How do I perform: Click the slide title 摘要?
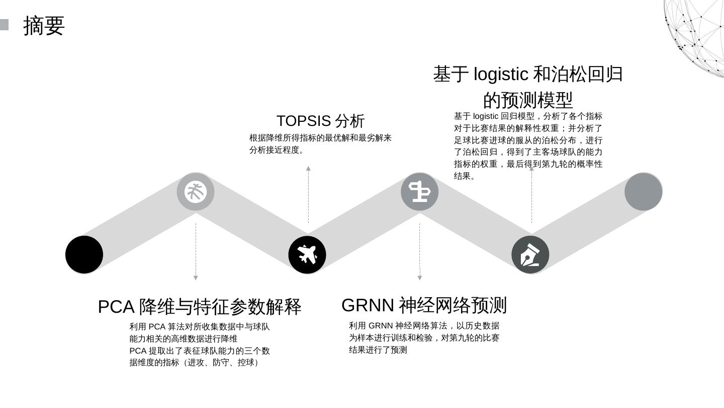44,26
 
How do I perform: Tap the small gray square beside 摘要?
4,25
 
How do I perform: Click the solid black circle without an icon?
84,254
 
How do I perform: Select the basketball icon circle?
196,192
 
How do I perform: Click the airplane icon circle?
307,254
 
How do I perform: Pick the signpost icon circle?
419,192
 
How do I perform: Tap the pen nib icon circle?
530,254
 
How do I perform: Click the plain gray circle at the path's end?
643,192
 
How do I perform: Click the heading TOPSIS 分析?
320,121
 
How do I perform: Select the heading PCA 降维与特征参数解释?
200,307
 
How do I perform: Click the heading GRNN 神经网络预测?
424,305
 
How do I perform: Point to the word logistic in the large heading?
501,75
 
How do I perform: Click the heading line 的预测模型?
528,100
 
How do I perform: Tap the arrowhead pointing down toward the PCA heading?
196,278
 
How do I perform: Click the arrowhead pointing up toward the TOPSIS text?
308,169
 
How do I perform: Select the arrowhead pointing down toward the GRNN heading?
420,278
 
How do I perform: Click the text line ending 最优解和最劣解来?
320,138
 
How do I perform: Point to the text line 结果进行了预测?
378,350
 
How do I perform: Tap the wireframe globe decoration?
696,35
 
